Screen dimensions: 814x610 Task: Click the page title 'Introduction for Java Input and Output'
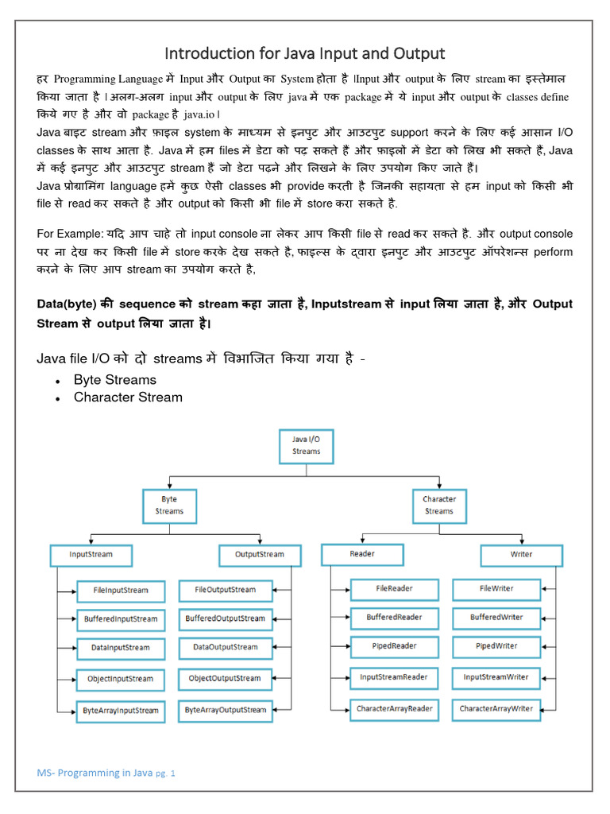click(x=304, y=53)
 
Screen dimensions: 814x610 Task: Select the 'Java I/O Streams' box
click(x=306, y=444)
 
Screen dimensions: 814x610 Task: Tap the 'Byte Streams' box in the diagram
click(x=169, y=506)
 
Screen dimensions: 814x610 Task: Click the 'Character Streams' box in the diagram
click(x=438, y=506)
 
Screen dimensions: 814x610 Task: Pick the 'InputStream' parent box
click(x=91, y=554)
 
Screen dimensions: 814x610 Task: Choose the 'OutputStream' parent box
click(x=259, y=554)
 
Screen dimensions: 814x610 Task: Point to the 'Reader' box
click(x=361, y=553)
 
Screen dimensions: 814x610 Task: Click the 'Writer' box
click(x=521, y=554)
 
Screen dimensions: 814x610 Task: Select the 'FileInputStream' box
click(x=121, y=591)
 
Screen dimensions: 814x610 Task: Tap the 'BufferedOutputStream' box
click(x=226, y=618)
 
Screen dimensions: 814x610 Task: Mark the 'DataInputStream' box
click(x=121, y=648)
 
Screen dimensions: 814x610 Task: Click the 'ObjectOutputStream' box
click(x=226, y=678)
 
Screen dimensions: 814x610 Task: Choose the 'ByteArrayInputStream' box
click(x=121, y=710)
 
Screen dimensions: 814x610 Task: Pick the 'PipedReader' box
click(x=394, y=646)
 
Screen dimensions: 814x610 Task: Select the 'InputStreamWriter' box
click(x=496, y=677)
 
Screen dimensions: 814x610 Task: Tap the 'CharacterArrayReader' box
click(x=394, y=708)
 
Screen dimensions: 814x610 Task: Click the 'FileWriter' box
click(x=496, y=589)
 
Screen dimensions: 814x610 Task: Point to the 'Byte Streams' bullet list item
click(x=114, y=379)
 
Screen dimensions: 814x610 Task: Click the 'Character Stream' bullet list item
click(x=127, y=397)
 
